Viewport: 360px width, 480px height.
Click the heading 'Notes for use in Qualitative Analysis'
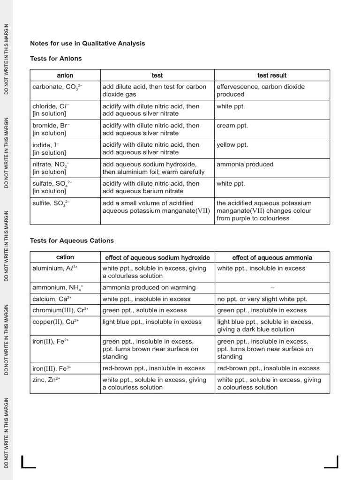88,43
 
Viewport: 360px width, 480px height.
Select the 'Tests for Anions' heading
56,59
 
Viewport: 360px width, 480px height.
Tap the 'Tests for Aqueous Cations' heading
72,240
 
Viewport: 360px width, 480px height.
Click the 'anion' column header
65,75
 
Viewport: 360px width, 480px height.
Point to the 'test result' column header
272,75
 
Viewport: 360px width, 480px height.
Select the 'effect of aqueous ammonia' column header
272,257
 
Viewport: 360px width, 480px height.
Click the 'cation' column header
65,257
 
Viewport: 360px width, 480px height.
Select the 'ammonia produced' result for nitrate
245,165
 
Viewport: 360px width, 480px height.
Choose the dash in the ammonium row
272,287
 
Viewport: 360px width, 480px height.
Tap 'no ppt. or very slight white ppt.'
262,299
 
